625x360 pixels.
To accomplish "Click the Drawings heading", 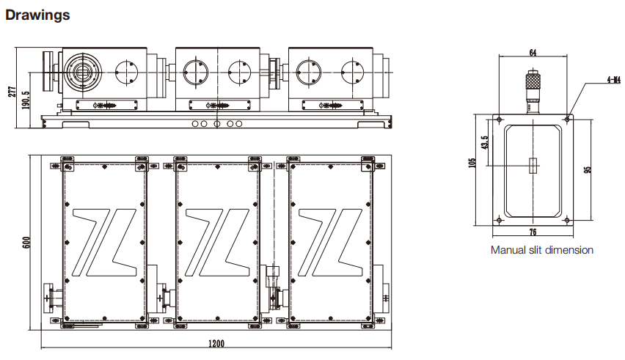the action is coord(37,15).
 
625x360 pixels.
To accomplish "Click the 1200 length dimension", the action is coord(216,343).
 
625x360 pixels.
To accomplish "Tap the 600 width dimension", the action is coord(26,243).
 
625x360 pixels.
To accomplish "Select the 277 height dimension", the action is coord(12,92).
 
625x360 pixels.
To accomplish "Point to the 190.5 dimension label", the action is coord(26,100).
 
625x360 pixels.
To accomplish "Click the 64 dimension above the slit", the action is coord(533,53).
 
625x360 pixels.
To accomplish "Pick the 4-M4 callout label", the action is coord(614,80).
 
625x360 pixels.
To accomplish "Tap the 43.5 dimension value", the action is coord(484,142).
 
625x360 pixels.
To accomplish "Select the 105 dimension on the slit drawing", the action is coord(472,163).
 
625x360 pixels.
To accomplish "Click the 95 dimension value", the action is coord(587,169).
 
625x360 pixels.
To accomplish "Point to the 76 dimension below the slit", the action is coord(533,232).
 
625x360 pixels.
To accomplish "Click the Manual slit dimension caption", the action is coord(541,250).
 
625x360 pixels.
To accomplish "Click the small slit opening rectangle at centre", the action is coord(533,166).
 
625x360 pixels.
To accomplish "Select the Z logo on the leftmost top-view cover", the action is coord(105,243).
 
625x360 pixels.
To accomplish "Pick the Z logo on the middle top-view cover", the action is coord(218,243).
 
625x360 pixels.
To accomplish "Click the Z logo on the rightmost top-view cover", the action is coord(330,243).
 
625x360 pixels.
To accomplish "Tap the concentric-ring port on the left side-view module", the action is coord(82,72).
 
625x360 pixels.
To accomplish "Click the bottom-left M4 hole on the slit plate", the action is coord(499,220).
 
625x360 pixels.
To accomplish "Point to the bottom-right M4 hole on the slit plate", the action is coord(567,220).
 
